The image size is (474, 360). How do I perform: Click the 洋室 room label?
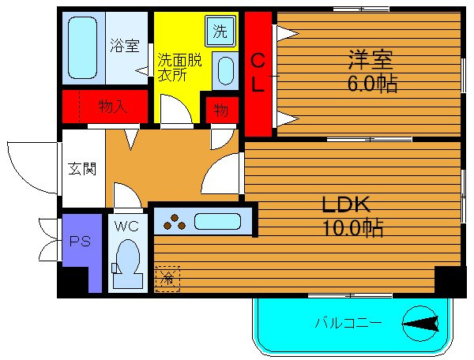coord(370,59)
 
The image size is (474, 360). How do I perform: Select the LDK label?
coord(345,204)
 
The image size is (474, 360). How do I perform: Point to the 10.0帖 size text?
coord(352,229)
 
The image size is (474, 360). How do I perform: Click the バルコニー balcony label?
coord(348,323)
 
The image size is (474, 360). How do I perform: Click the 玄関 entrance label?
coord(81,168)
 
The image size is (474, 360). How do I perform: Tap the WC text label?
coord(126,226)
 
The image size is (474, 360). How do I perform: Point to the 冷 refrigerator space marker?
coord(167,278)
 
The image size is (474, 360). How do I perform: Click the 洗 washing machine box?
coord(220,32)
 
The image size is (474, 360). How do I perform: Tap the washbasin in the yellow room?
coord(224,71)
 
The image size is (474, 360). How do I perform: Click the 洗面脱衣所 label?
coord(178,67)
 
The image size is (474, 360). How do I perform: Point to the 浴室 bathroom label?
coord(124,46)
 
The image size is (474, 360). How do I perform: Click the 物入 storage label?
coord(113,106)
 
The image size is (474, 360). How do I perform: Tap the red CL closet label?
coord(258,73)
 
